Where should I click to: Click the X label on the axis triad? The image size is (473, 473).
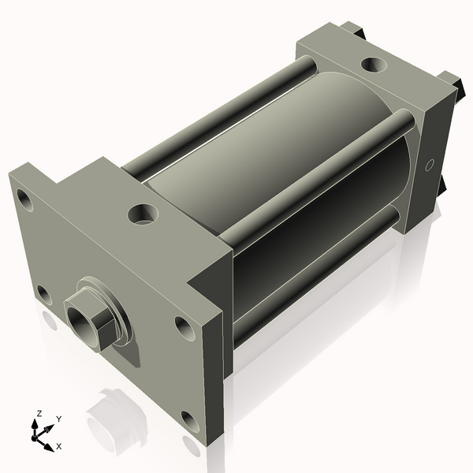point(59,446)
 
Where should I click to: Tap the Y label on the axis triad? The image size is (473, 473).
point(59,419)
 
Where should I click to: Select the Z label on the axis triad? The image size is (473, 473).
point(39,413)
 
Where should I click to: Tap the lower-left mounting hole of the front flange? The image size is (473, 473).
point(43,296)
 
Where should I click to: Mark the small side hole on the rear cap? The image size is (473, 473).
point(429,166)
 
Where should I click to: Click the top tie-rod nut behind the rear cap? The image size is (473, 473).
point(353,31)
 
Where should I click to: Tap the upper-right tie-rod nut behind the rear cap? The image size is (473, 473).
point(451,81)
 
